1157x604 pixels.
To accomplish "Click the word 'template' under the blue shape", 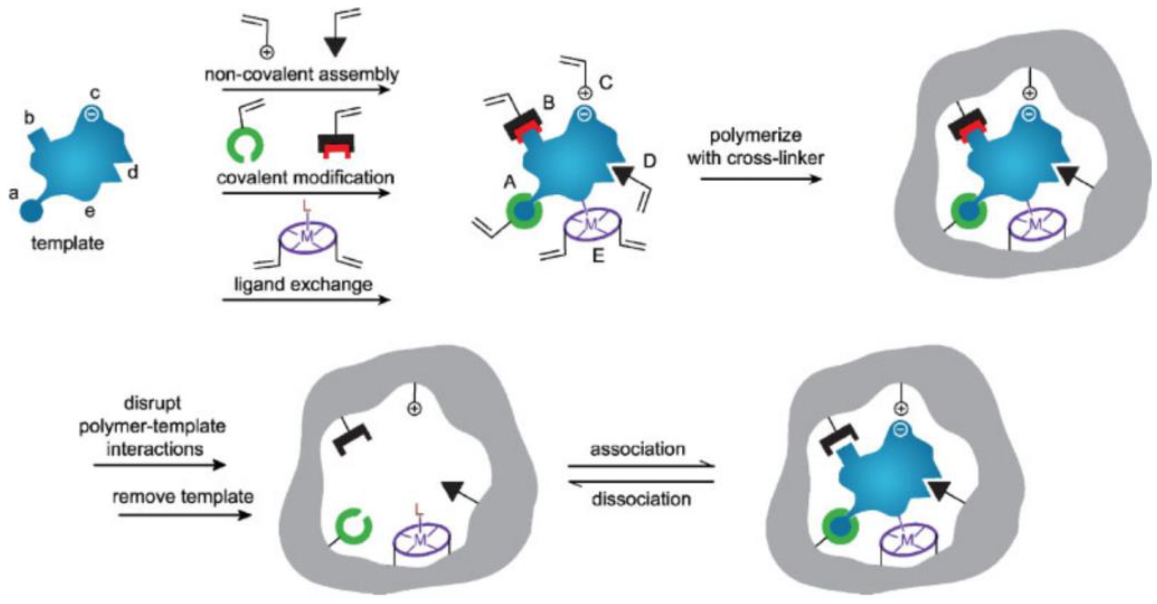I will click(x=67, y=244).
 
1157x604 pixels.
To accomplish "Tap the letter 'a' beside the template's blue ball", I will click(x=14, y=194).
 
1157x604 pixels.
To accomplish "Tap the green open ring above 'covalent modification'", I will click(x=245, y=145).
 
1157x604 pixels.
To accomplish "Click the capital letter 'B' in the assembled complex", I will click(x=548, y=103).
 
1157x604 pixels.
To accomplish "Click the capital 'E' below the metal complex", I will click(x=598, y=256).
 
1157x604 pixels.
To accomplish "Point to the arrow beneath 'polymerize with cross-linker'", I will click(x=761, y=179).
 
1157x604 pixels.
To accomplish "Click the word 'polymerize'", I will click(x=755, y=135).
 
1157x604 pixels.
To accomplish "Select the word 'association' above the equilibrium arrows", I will click(x=638, y=449).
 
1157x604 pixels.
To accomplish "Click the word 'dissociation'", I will click(x=641, y=499).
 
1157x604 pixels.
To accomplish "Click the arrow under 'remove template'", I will click(x=184, y=515).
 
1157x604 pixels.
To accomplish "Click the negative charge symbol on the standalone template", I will click(x=92, y=115).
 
